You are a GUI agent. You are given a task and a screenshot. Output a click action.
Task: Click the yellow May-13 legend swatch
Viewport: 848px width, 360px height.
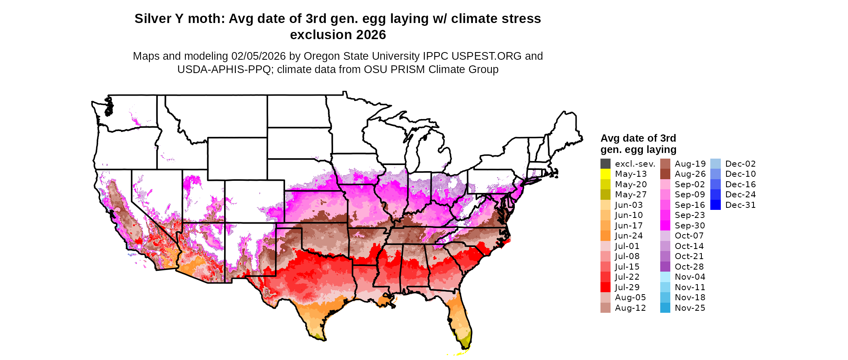click(x=605, y=174)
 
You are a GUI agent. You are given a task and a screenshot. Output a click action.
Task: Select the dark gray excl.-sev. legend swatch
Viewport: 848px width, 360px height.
click(x=605, y=164)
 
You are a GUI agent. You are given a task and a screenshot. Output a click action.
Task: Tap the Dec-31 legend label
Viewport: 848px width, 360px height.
click(x=740, y=205)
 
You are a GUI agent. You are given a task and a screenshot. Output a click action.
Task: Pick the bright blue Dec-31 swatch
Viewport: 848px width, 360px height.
click(x=715, y=205)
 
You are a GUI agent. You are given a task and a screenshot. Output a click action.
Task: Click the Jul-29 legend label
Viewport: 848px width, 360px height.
click(x=627, y=287)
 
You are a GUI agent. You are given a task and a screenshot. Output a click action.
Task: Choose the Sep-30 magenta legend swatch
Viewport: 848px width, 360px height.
click(x=665, y=226)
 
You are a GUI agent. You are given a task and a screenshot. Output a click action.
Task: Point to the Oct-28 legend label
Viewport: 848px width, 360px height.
click(x=689, y=267)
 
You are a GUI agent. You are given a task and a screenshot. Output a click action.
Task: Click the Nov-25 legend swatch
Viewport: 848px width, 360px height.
click(x=665, y=308)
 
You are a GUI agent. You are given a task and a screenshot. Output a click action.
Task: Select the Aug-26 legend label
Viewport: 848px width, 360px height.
click(x=690, y=174)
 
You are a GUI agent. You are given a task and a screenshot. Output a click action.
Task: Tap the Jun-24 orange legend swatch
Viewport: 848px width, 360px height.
click(x=605, y=236)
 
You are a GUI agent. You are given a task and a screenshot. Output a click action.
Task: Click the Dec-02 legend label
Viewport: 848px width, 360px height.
click(x=740, y=164)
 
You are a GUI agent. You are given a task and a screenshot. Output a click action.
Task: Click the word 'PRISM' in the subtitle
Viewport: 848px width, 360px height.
click(x=408, y=69)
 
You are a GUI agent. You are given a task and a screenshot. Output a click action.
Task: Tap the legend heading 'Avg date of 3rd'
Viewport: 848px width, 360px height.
click(x=638, y=138)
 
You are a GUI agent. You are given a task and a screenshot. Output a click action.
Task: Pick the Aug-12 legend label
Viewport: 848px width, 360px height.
click(x=630, y=308)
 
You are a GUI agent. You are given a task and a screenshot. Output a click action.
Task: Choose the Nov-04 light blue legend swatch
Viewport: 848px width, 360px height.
click(x=665, y=277)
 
